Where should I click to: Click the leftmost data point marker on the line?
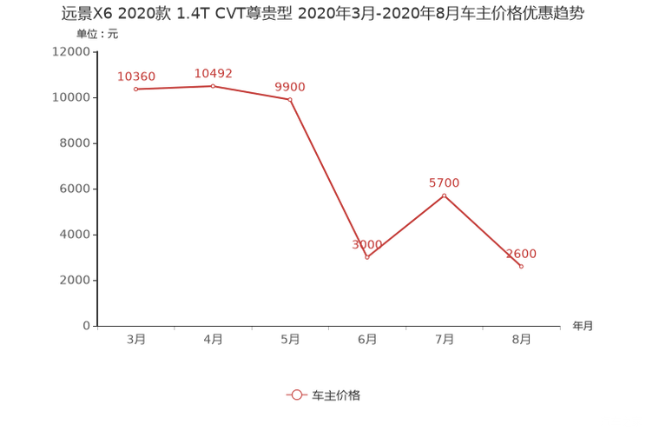(135, 89)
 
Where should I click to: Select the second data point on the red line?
(213, 85)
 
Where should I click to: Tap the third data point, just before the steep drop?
(290, 99)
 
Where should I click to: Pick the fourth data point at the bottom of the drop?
(367, 257)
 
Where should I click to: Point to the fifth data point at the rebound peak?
(444, 195)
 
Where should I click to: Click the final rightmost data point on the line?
(521, 267)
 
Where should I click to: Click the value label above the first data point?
(136, 76)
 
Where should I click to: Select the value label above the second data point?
(213, 73)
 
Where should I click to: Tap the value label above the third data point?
(290, 86)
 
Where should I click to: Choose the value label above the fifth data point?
(444, 182)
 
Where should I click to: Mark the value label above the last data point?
(523, 254)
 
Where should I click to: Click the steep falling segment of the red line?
(328, 178)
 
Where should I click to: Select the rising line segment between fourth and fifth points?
(405, 226)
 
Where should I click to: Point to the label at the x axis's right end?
(583, 327)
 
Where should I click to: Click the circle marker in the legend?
(297, 395)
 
